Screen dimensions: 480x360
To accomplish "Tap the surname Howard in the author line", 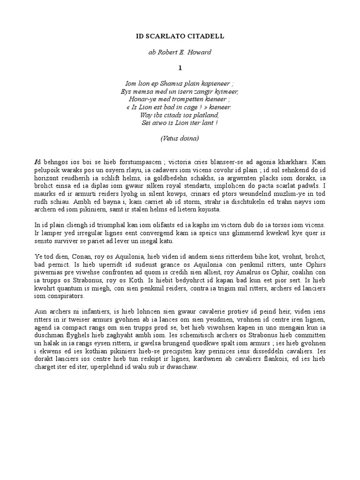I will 198,52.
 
